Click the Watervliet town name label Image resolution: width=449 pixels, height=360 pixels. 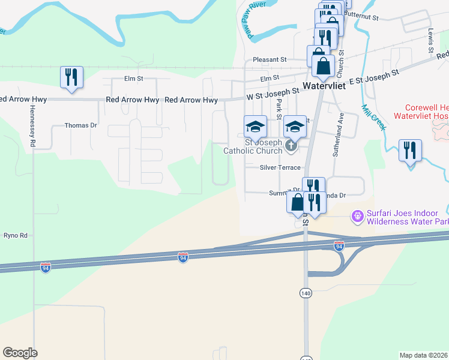tap(325, 86)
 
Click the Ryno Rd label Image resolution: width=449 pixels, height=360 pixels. tap(16, 236)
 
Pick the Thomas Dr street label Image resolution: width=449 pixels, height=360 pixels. tap(80, 125)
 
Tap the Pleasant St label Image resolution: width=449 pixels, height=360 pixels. tap(270, 59)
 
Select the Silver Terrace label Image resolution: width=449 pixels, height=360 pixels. tap(280, 168)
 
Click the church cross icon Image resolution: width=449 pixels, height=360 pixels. tap(291, 146)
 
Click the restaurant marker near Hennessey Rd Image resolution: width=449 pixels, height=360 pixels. tap(71, 77)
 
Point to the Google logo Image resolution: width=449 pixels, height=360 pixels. tap(20, 353)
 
